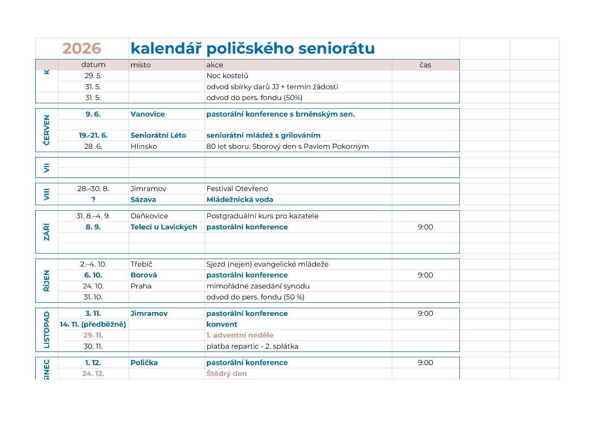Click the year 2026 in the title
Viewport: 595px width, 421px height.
[82, 49]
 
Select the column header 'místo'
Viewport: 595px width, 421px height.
[140, 65]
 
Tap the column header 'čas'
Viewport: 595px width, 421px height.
[425, 65]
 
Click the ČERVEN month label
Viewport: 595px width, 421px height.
[46, 130]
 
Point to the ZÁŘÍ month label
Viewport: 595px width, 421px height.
[46, 232]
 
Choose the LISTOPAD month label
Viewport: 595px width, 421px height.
[46, 329]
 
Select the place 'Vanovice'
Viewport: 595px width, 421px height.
[147, 114]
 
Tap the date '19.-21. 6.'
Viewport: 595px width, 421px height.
[93, 135]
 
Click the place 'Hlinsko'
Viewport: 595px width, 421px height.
[144, 147]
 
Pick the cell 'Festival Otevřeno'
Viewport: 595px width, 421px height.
[237, 189]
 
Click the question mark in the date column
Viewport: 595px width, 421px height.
[93, 200]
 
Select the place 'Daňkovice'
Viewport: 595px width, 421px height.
[149, 216]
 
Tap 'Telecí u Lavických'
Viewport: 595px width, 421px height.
[164, 227]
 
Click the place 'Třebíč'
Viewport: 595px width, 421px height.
[141, 264]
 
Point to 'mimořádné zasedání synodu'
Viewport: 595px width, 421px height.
[258, 286]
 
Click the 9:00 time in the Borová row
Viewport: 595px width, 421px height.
[425, 275]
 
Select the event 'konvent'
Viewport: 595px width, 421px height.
[222, 324]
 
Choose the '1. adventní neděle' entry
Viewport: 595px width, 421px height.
[240, 335]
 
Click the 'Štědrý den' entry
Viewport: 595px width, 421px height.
[226, 374]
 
